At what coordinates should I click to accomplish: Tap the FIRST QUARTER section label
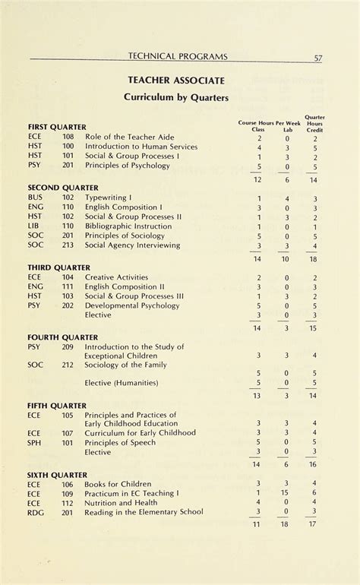[x=57, y=126]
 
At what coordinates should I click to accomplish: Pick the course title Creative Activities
[x=117, y=277]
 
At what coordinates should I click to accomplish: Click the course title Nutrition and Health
[x=122, y=502]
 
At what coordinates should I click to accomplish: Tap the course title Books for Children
[x=116, y=483]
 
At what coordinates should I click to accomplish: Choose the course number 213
[x=68, y=245]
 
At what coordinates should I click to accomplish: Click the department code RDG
[x=36, y=512]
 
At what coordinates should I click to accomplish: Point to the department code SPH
[x=35, y=442]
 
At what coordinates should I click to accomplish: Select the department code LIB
[x=33, y=226]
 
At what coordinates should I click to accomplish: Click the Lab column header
[x=287, y=129]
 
